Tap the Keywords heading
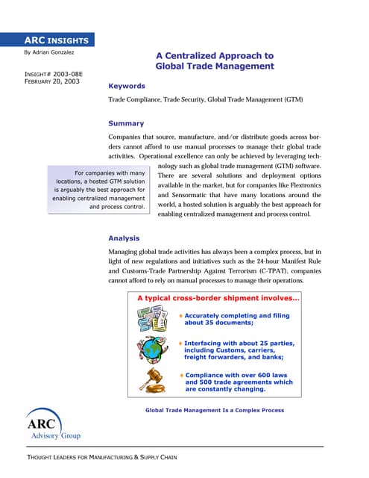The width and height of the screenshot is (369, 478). (x=127, y=86)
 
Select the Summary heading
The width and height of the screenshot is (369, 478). (x=126, y=123)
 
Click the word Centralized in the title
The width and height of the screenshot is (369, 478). (x=195, y=55)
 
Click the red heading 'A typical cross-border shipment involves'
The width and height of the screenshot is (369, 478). (x=218, y=299)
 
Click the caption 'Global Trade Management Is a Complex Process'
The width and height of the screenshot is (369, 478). (x=214, y=410)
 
